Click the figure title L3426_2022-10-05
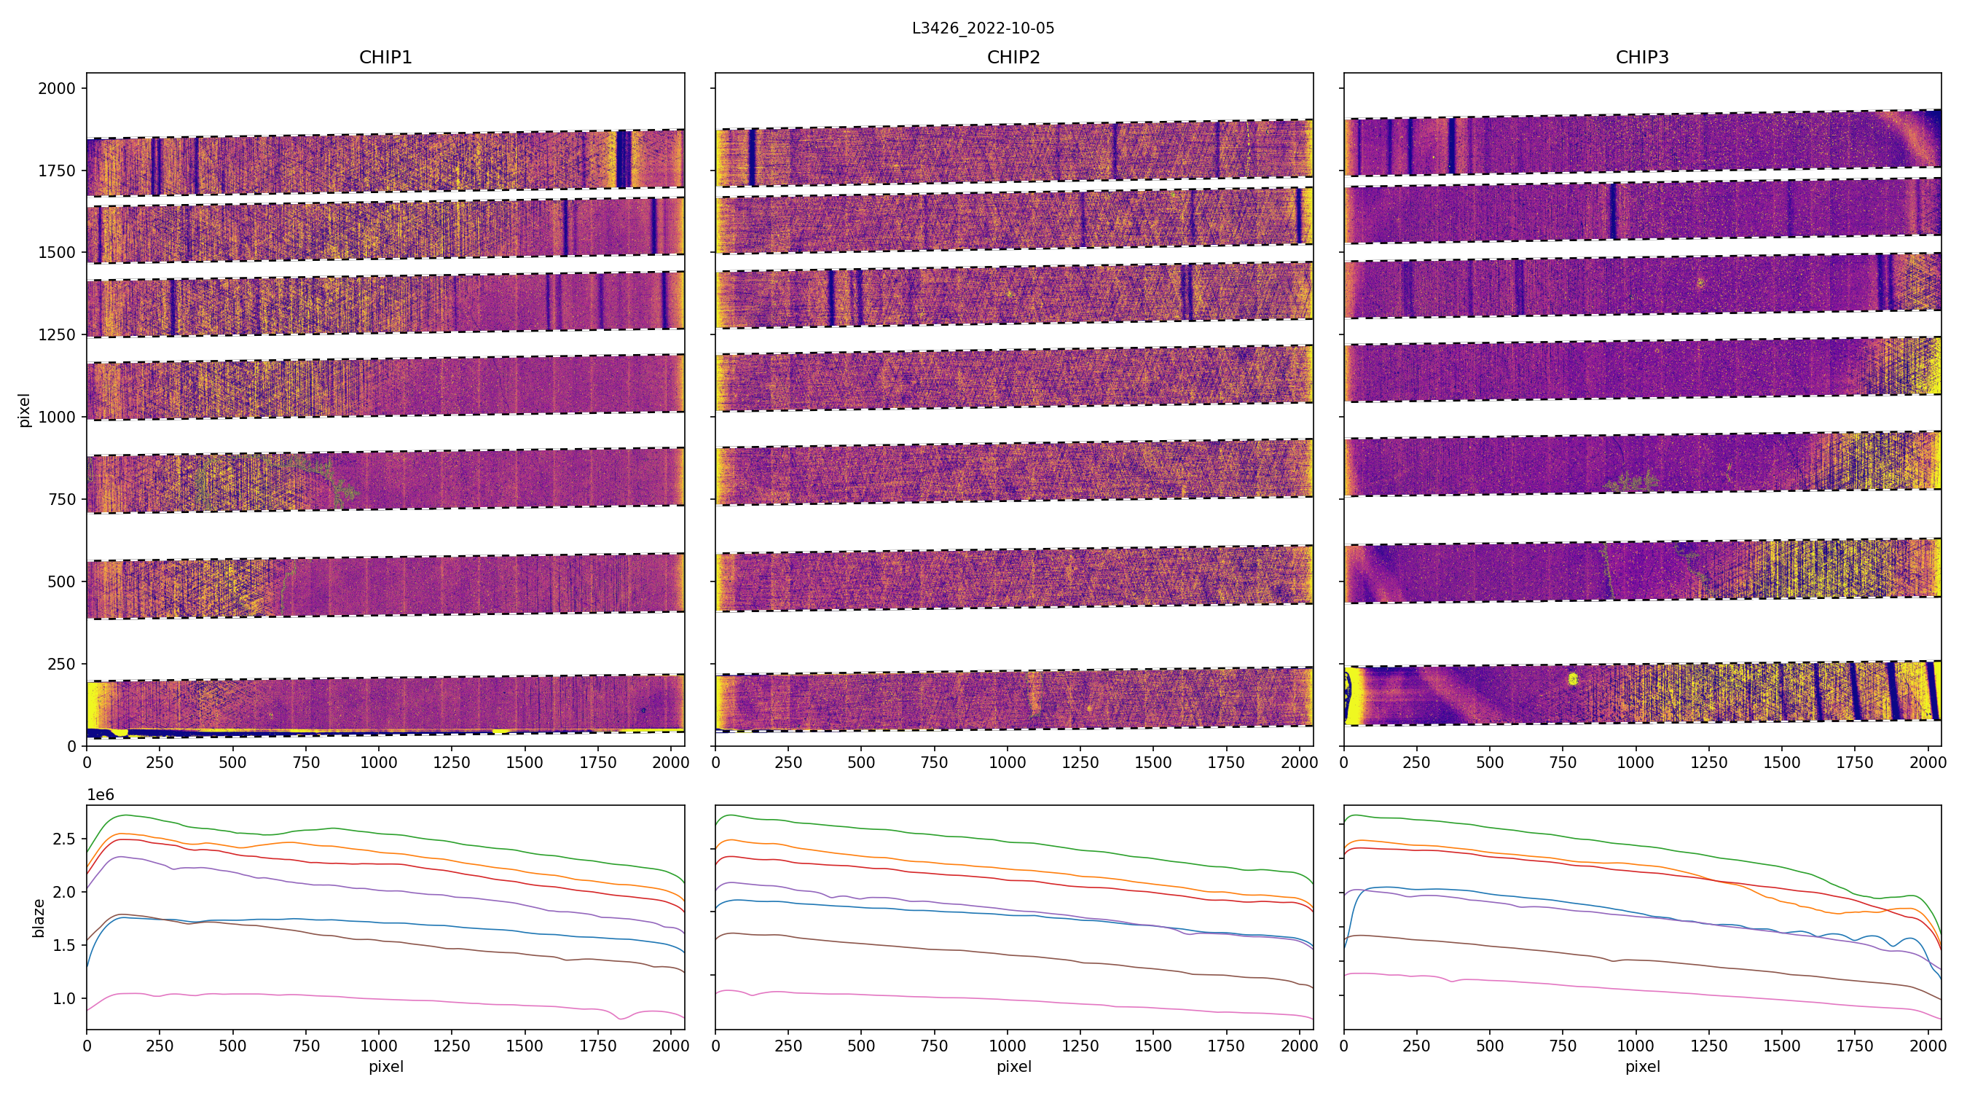983,28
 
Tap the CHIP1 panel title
385,58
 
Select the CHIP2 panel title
1013,58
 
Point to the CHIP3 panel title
1641,58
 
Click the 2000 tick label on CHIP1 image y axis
58,89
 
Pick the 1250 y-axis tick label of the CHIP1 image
58,334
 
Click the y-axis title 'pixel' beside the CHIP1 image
25,410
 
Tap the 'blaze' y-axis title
39,918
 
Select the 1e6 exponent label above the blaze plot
101,795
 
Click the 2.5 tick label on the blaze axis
64,839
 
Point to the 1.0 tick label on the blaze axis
64,998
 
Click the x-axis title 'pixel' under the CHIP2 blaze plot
1013,1066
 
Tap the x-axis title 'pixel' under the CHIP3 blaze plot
1641,1066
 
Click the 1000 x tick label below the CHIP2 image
1007,762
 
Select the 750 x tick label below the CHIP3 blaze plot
1562,1046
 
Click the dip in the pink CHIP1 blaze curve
621,1017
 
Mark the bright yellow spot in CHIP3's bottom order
1572,678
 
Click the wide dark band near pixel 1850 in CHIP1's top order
624,158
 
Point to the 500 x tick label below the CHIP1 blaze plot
232,1046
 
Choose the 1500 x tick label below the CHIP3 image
1781,762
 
